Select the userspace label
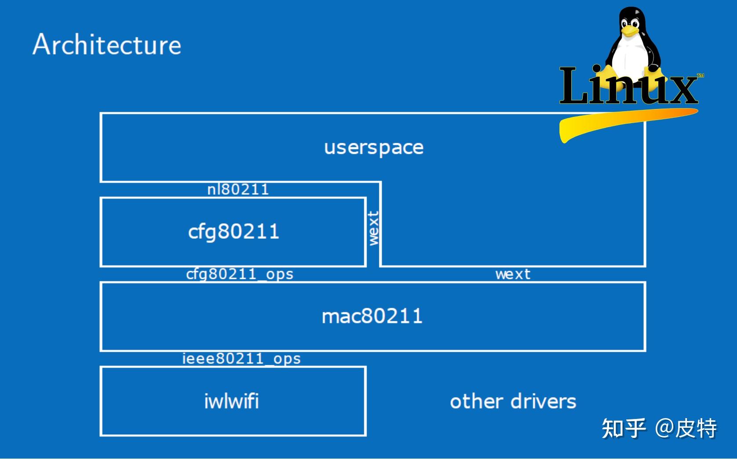click(x=374, y=148)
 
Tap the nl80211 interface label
click(x=238, y=189)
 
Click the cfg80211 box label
click(x=233, y=232)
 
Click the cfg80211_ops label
click(x=240, y=274)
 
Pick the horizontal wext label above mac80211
click(x=513, y=274)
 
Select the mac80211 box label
click(x=372, y=316)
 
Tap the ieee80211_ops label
click(x=241, y=359)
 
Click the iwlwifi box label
click(x=232, y=401)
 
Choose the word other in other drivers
click(x=476, y=401)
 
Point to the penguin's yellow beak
click(x=629, y=31)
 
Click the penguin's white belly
click(x=629, y=55)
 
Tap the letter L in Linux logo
click(x=574, y=87)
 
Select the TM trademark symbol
click(x=701, y=75)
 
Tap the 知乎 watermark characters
click(x=624, y=428)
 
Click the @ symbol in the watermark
click(x=664, y=428)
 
